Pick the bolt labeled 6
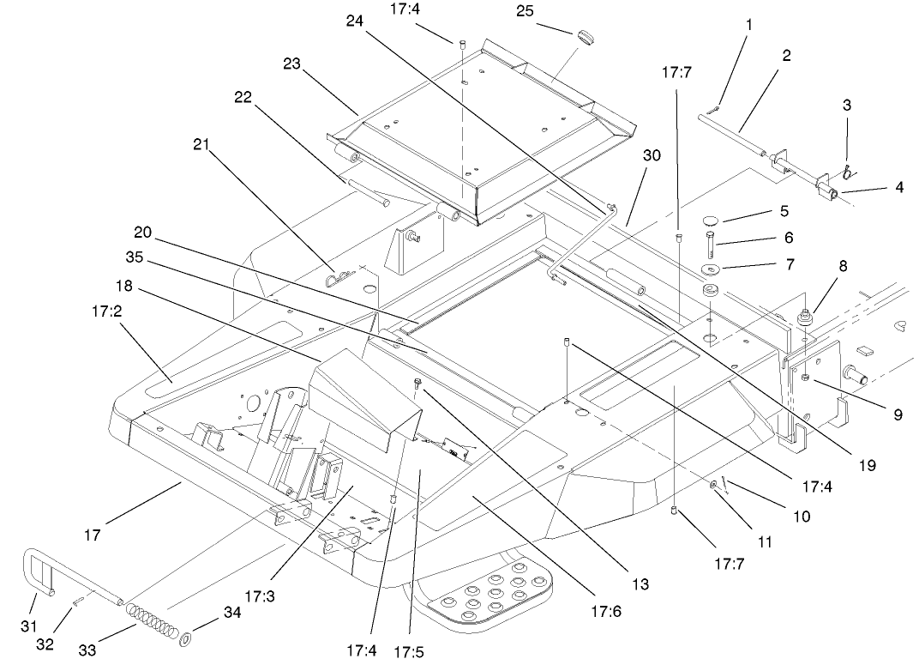tap(711, 242)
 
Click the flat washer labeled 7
tap(710, 271)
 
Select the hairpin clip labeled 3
tap(847, 172)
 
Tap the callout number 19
tap(867, 465)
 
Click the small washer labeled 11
tap(713, 487)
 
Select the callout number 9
tap(898, 414)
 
